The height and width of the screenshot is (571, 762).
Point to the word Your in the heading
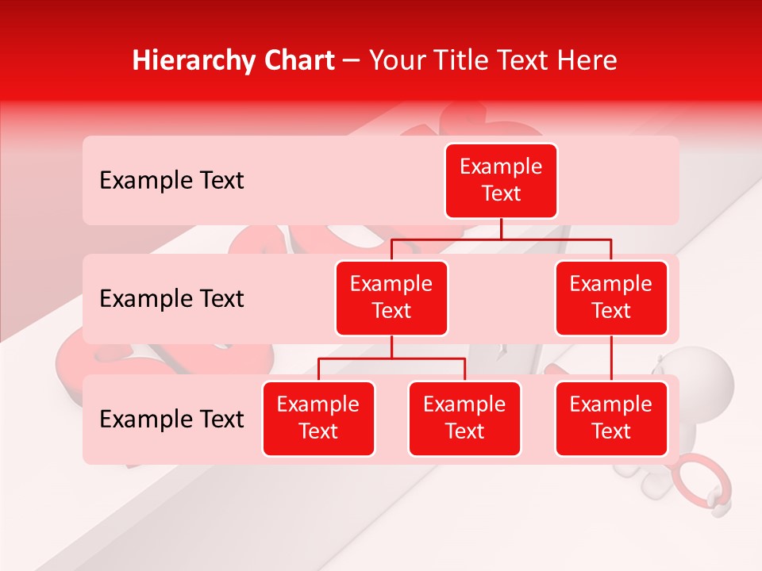click(396, 60)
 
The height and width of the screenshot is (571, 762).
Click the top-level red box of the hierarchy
click(501, 181)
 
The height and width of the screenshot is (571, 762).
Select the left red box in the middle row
click(391, 297)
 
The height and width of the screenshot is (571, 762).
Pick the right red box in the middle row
click(611, 297)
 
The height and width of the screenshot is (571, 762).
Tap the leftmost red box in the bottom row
click(318, 418)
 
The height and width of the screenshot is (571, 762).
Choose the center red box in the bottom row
click(464, 418)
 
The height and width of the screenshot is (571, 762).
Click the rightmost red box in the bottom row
click(611, 418)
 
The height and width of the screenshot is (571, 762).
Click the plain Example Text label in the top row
click(171, 181)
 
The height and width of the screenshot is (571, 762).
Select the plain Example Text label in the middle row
click(171, 299)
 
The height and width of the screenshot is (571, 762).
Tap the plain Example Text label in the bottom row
click(171, 420)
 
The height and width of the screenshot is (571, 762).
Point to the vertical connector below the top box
click(501, 228)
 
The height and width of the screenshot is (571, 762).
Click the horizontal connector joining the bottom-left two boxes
click(391, 358)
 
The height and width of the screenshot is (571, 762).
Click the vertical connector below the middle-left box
click(391, 347)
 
